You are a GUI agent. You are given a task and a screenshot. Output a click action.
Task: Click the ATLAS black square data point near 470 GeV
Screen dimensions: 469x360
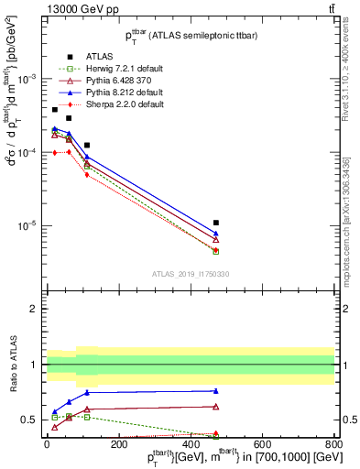click(215, 223)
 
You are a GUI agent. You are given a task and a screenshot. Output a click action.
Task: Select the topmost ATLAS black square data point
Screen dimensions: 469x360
click(55, 110)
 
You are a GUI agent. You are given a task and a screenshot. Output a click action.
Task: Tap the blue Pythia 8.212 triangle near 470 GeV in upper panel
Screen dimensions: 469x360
click(215, 234)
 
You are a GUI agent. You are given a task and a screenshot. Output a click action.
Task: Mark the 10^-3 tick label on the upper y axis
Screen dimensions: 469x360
click(26, 79)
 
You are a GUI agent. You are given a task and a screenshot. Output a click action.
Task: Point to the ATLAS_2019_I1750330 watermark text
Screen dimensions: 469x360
click(191, 274)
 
